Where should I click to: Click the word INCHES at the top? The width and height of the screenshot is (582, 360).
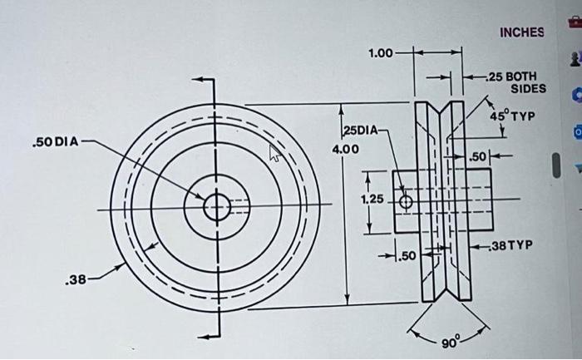click(521, 32)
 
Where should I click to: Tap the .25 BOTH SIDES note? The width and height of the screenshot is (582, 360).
click(516, 81)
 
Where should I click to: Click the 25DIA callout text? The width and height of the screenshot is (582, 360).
click(362, 131)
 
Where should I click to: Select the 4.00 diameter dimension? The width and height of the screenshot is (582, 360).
click(345, 150)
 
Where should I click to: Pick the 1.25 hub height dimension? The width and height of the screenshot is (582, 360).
click(372, 200)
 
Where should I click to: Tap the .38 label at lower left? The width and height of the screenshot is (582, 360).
click(76, 280)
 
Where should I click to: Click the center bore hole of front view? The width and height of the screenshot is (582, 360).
click(216, 207)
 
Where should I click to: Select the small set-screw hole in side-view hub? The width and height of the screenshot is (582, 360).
click(406, 202)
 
